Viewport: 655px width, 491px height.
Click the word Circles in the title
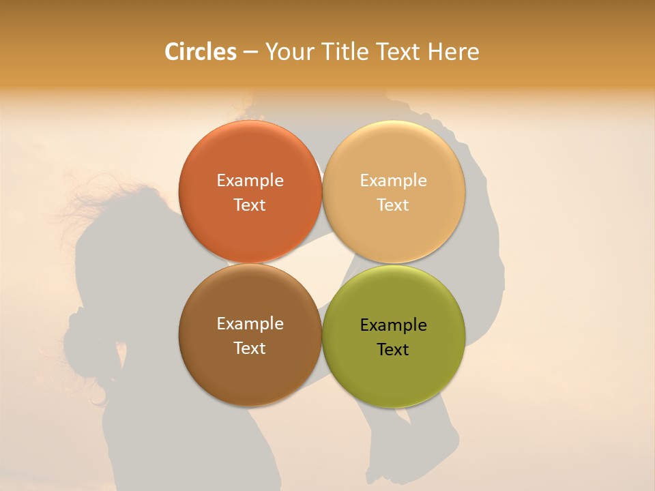point(200,52)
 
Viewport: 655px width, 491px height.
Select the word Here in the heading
point(453,52)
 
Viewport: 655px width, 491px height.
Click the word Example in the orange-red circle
point(250,181)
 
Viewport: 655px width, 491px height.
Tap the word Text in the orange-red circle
point(250,205)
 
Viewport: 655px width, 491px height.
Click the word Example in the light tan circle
point(393,181)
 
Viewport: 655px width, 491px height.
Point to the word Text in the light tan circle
point(393,205)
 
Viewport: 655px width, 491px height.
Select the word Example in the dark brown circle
point(250,324)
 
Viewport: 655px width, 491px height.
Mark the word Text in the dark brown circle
point(250,348)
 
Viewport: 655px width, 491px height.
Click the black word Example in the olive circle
point(393,325)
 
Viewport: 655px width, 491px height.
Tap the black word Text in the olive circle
point(393,350)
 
